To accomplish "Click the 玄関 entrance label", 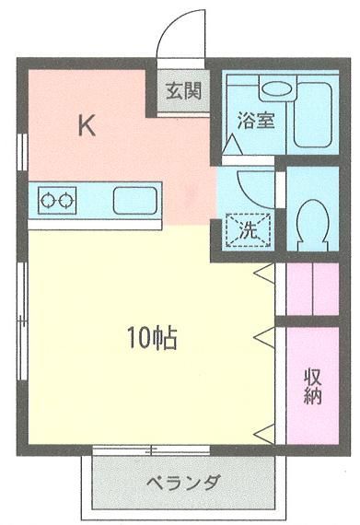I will [x=180, y=91].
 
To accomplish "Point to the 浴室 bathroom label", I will [x=255, y=120].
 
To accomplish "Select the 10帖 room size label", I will [x=152, y=338].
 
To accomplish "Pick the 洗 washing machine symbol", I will [x=247, y=227].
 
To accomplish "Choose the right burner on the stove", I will [x=66, y=197].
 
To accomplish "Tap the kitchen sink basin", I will [x=135, y=198].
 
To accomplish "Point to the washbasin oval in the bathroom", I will [x=275, y=90].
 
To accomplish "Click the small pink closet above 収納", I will [x=312, y=288].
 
